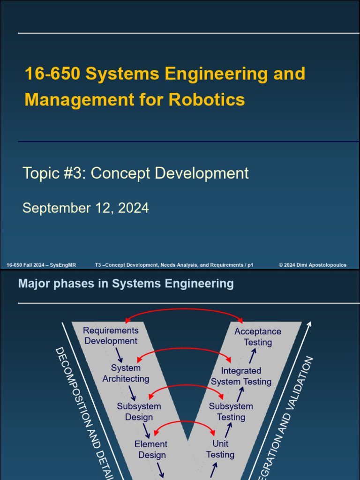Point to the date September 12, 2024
(x=86, y=208)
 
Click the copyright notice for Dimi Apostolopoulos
(x=313, y=265)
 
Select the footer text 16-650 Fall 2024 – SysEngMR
(x=41, y=265)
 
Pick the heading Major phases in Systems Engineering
(x=126, y=284)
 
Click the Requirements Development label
(x=111, y=336)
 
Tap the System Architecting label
(x=126, y=373)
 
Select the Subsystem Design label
(x=139, y=411)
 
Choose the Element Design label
(x=151, y=449)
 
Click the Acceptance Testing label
(x=257, y=337)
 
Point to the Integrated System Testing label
(x=241, y=376)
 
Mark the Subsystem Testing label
(x=231, y=411)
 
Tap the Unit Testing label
(x=220, y=449)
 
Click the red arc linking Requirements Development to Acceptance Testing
(x=184, y=309)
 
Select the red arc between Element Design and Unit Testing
(x=185, y=421)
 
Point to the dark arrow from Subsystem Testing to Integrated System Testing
(x=240, y=394)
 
